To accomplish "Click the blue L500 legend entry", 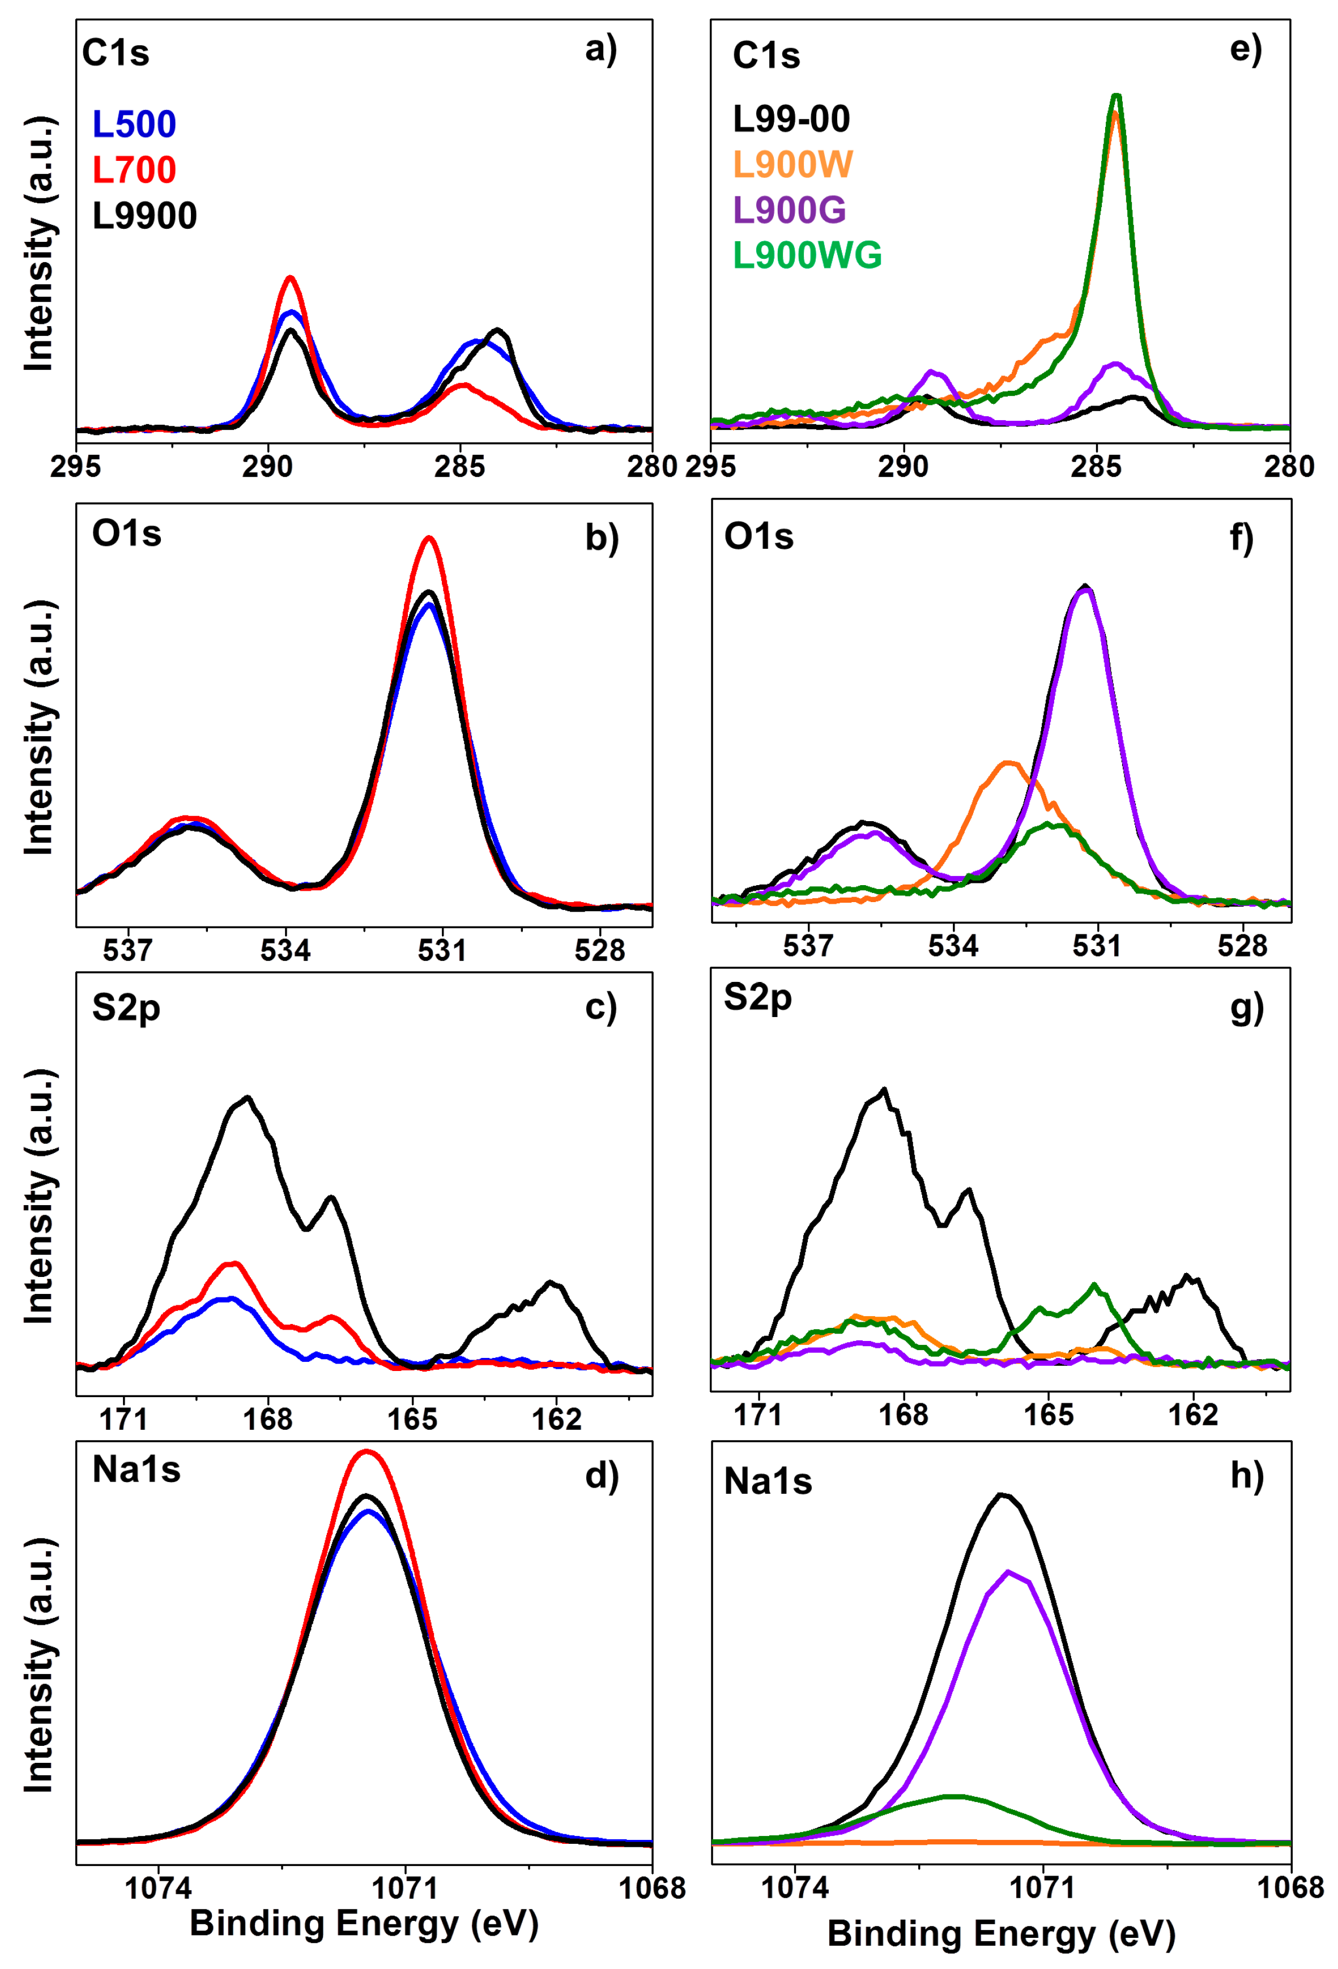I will [x=134, y=125].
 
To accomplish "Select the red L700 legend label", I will [x=134, y=170].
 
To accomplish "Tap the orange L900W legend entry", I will [x=792, y=164].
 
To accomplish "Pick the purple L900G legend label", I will [x=789, y=210].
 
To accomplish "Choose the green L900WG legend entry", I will [x=807, y=255].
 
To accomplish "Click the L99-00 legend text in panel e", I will [x=791, y=119].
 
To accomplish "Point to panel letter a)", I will [x=601, y=50].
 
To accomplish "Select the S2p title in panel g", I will [x=757, y=998].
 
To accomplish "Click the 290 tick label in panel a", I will [x=268, y=467].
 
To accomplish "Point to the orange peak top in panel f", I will [x=1008, y=763].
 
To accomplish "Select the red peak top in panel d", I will [x=366, y=1451].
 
